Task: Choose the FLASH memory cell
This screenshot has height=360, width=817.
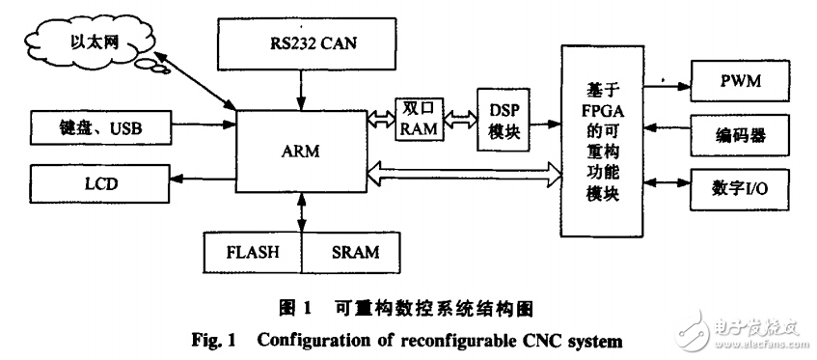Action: click(253, 253)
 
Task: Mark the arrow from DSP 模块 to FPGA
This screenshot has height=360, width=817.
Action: click(549, 124)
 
